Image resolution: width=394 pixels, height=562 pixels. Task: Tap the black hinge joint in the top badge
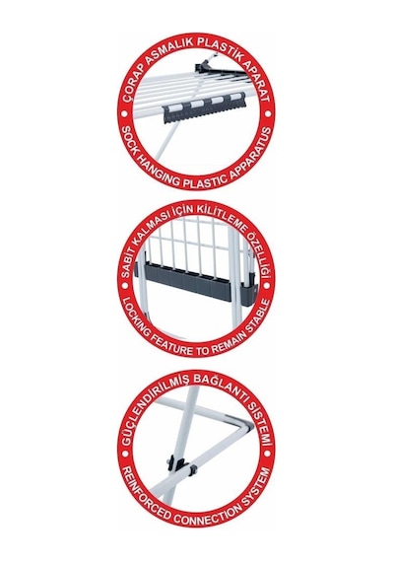204,66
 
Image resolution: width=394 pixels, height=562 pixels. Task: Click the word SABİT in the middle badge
130,263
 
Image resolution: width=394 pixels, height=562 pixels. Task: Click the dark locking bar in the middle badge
197,283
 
